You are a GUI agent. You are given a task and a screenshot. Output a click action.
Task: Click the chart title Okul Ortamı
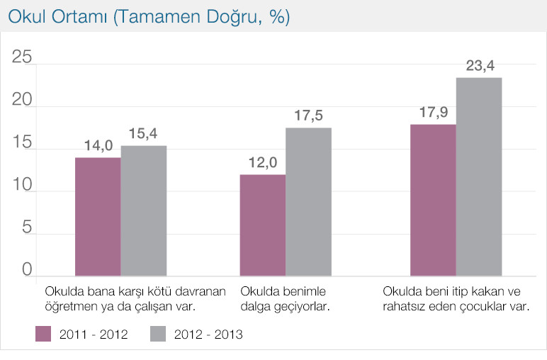pos(149,18)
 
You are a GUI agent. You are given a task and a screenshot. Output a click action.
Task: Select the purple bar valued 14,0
pos(98,217)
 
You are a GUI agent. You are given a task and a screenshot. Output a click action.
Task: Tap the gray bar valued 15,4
pos(144,211)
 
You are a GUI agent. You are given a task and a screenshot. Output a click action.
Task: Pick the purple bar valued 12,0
pos(263,225)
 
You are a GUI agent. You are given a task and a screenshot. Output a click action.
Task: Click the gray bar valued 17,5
pos(308,202)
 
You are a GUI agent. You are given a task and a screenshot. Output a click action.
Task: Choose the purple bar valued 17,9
pos(433,201)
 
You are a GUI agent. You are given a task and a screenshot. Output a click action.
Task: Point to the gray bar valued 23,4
pos(479,177)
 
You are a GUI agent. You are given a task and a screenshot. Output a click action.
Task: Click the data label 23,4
pos(480,67)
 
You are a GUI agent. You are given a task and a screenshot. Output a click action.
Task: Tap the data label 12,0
pos(262,163)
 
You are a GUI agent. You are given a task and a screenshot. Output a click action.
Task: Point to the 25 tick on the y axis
pos(22,58)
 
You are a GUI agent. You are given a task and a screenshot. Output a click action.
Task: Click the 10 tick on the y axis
pos(22,186)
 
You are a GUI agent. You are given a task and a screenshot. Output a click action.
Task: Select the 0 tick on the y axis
pos(27,270)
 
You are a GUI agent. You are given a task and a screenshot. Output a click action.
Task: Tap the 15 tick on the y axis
pos(22,143)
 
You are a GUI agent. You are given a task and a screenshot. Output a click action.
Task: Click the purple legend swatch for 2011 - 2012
pos(45,334)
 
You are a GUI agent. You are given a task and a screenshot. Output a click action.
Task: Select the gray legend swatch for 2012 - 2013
pos(160,334)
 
